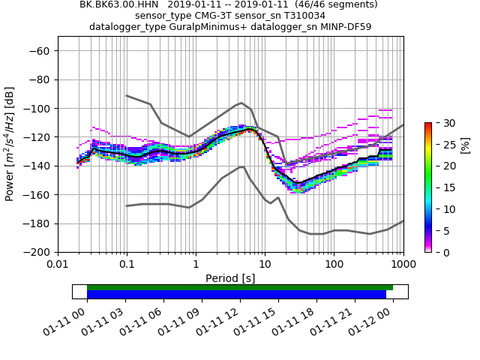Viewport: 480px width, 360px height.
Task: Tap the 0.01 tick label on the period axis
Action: pyautogui.click(x=58, y=265)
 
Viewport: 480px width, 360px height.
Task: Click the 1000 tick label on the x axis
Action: pyautogui.click(x=403, y=265)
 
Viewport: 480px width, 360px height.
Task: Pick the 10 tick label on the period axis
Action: pyautogui.click(x=265, y=265)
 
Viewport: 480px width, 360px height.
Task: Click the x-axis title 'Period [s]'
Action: pyautogui.click(x=230, y=278)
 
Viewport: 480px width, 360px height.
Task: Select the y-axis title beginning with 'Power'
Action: pyautogui.click(x=10, y=145)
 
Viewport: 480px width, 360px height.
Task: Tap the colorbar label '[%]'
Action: pyautogui.click(x=465, y=145)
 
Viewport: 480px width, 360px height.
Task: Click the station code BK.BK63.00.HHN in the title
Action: pyautogui.click(x=117, y=4)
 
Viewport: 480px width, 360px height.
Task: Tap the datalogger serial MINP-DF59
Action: pyautogui.click(x=343, y=26)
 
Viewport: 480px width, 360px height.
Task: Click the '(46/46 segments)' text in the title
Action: pyautogui.click(x=335, y=4)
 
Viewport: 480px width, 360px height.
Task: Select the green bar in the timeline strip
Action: pyautogui.click(x=240, y=287)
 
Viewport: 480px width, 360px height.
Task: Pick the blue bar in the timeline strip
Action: pyautogui.click(x=236, y=295)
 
